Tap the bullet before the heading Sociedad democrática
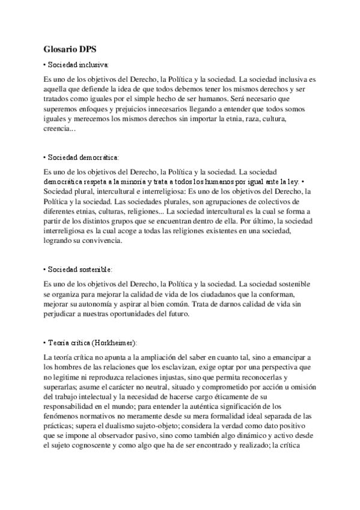(45, 157)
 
